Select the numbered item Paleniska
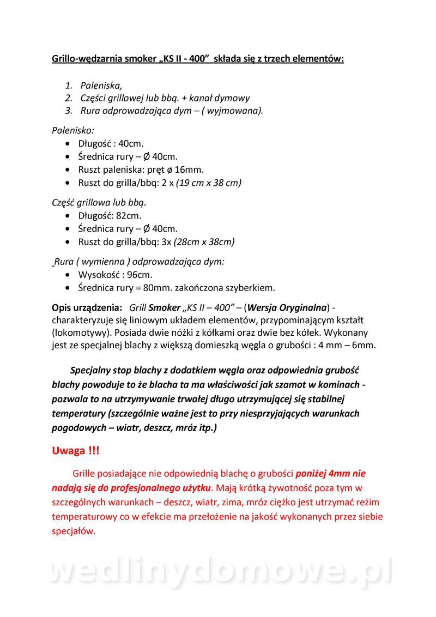(x=101, y=86)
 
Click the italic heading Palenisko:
(x=72, y=131)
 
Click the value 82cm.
(x=129, y=216)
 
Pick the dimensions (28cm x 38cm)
(x=203, y=241)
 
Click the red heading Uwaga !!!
(x=76, y=451)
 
